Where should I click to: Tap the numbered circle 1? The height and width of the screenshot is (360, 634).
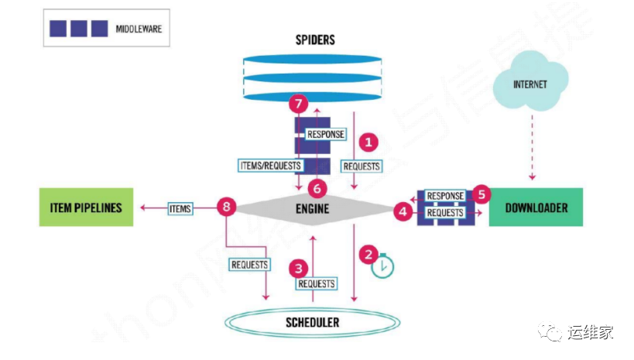pos(369,142)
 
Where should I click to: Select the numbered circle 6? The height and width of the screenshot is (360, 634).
pos(314,187)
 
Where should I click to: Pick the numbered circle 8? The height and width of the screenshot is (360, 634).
pos(226,207)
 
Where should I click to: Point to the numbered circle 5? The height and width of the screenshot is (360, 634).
pos(481,194)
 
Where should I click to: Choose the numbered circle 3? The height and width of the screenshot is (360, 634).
pos(296,268)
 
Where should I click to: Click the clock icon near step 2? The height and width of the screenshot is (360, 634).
pos(382,266)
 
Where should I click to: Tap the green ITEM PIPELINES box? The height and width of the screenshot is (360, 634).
pos(85,207)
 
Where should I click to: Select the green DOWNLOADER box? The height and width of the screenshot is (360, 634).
pos(536,207)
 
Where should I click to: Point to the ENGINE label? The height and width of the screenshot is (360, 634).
pos(312,208)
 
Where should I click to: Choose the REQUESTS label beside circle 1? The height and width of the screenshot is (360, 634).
pos(361,166)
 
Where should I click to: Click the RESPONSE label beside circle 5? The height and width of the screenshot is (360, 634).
pos(445,196)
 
